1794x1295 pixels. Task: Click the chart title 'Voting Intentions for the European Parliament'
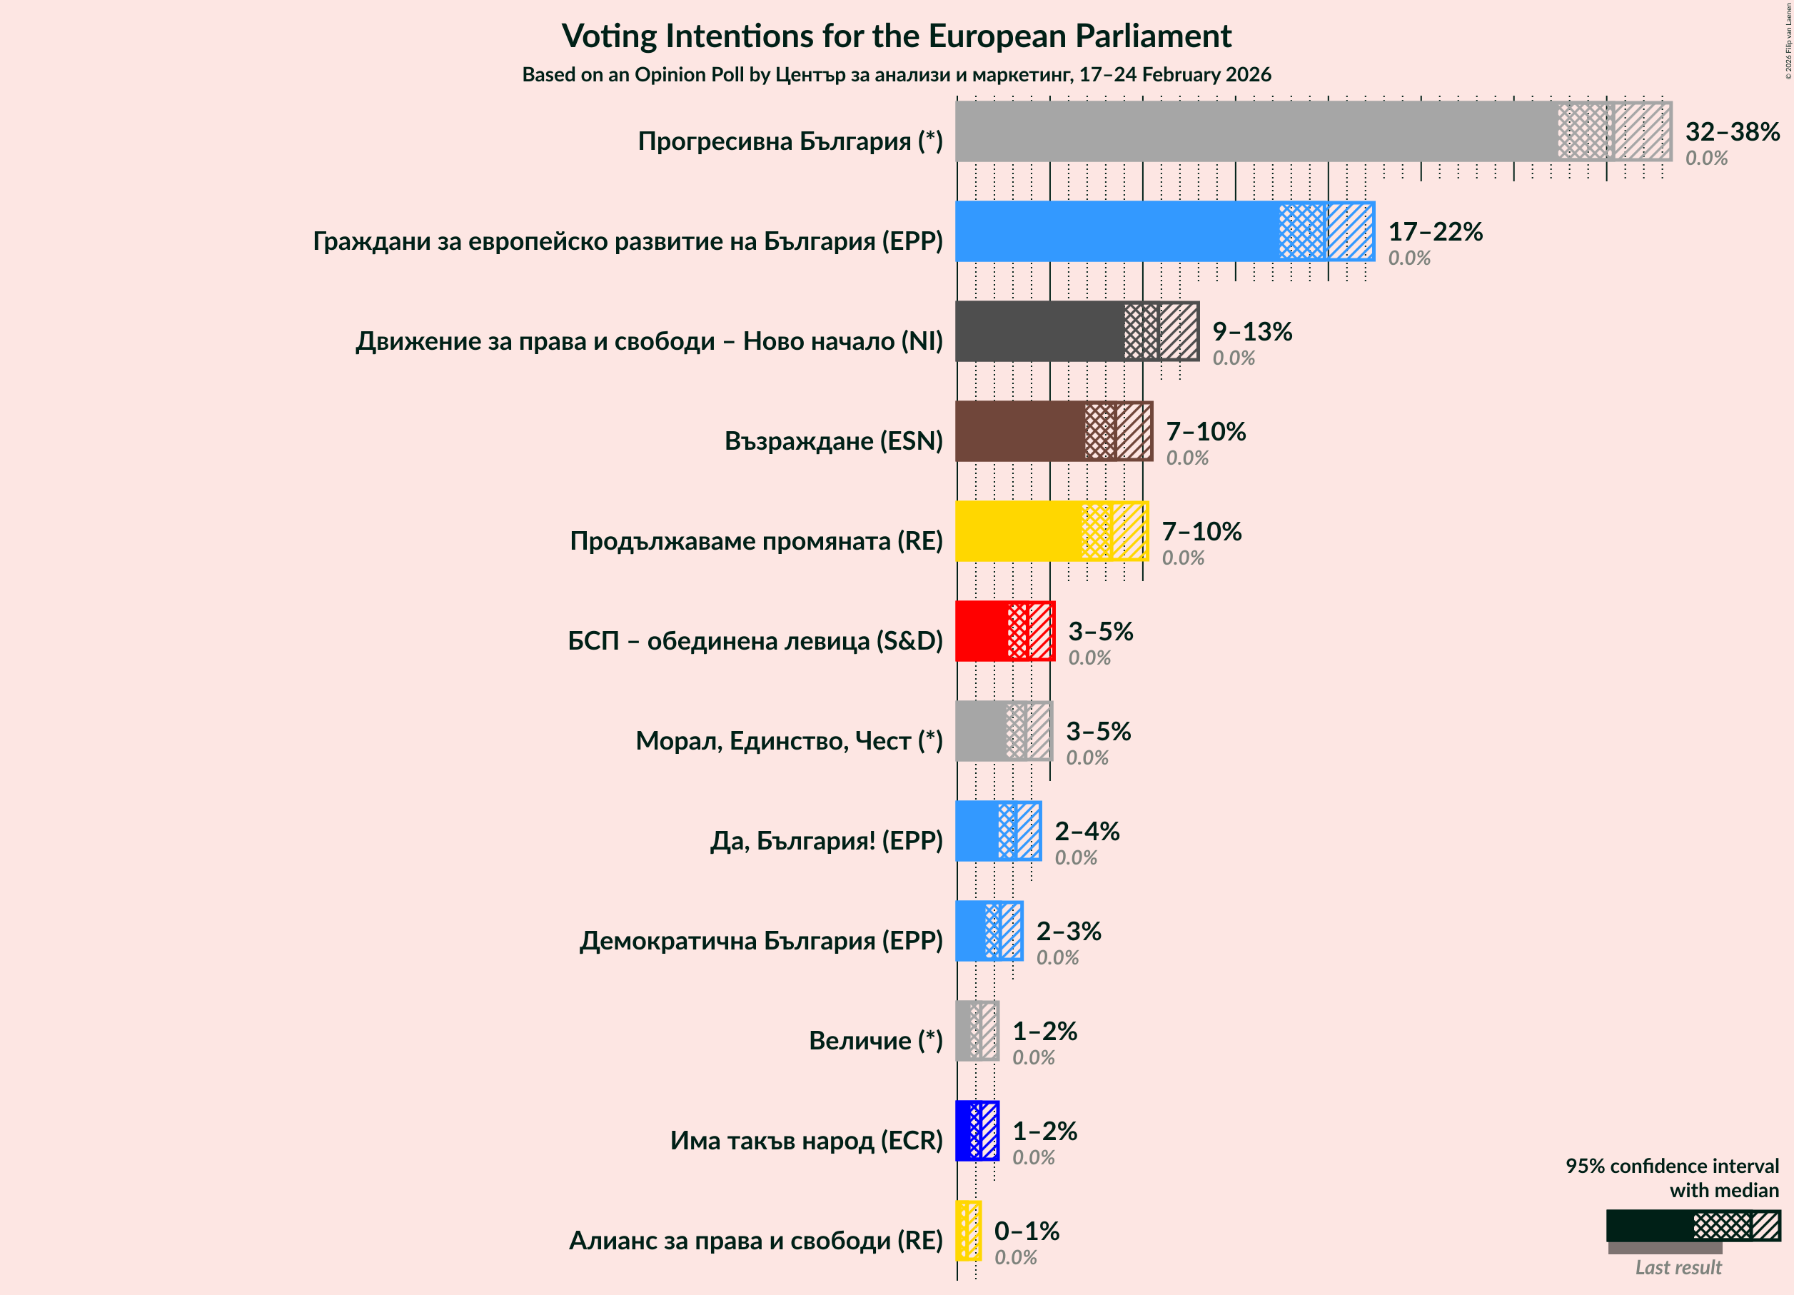tap(896, 36)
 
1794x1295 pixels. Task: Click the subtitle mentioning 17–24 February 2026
tap(896, 74)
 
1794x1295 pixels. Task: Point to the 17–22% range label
tap(1435, 231)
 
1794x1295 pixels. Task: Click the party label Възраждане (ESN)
tap(833, 440)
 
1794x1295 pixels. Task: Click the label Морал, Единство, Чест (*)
tap(789, 740)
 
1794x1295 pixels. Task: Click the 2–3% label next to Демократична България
tap(1068, 931)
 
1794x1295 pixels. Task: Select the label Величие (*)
tap(875, 1040)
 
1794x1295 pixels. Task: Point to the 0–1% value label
tap(1026, 1231)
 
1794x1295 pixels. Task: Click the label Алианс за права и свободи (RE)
tap(755, 1241)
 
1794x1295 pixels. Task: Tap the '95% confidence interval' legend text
tap(1671, 1166)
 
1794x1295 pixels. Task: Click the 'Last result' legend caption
tap(1678, 1267)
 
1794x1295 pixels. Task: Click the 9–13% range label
tap(1251, 331)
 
